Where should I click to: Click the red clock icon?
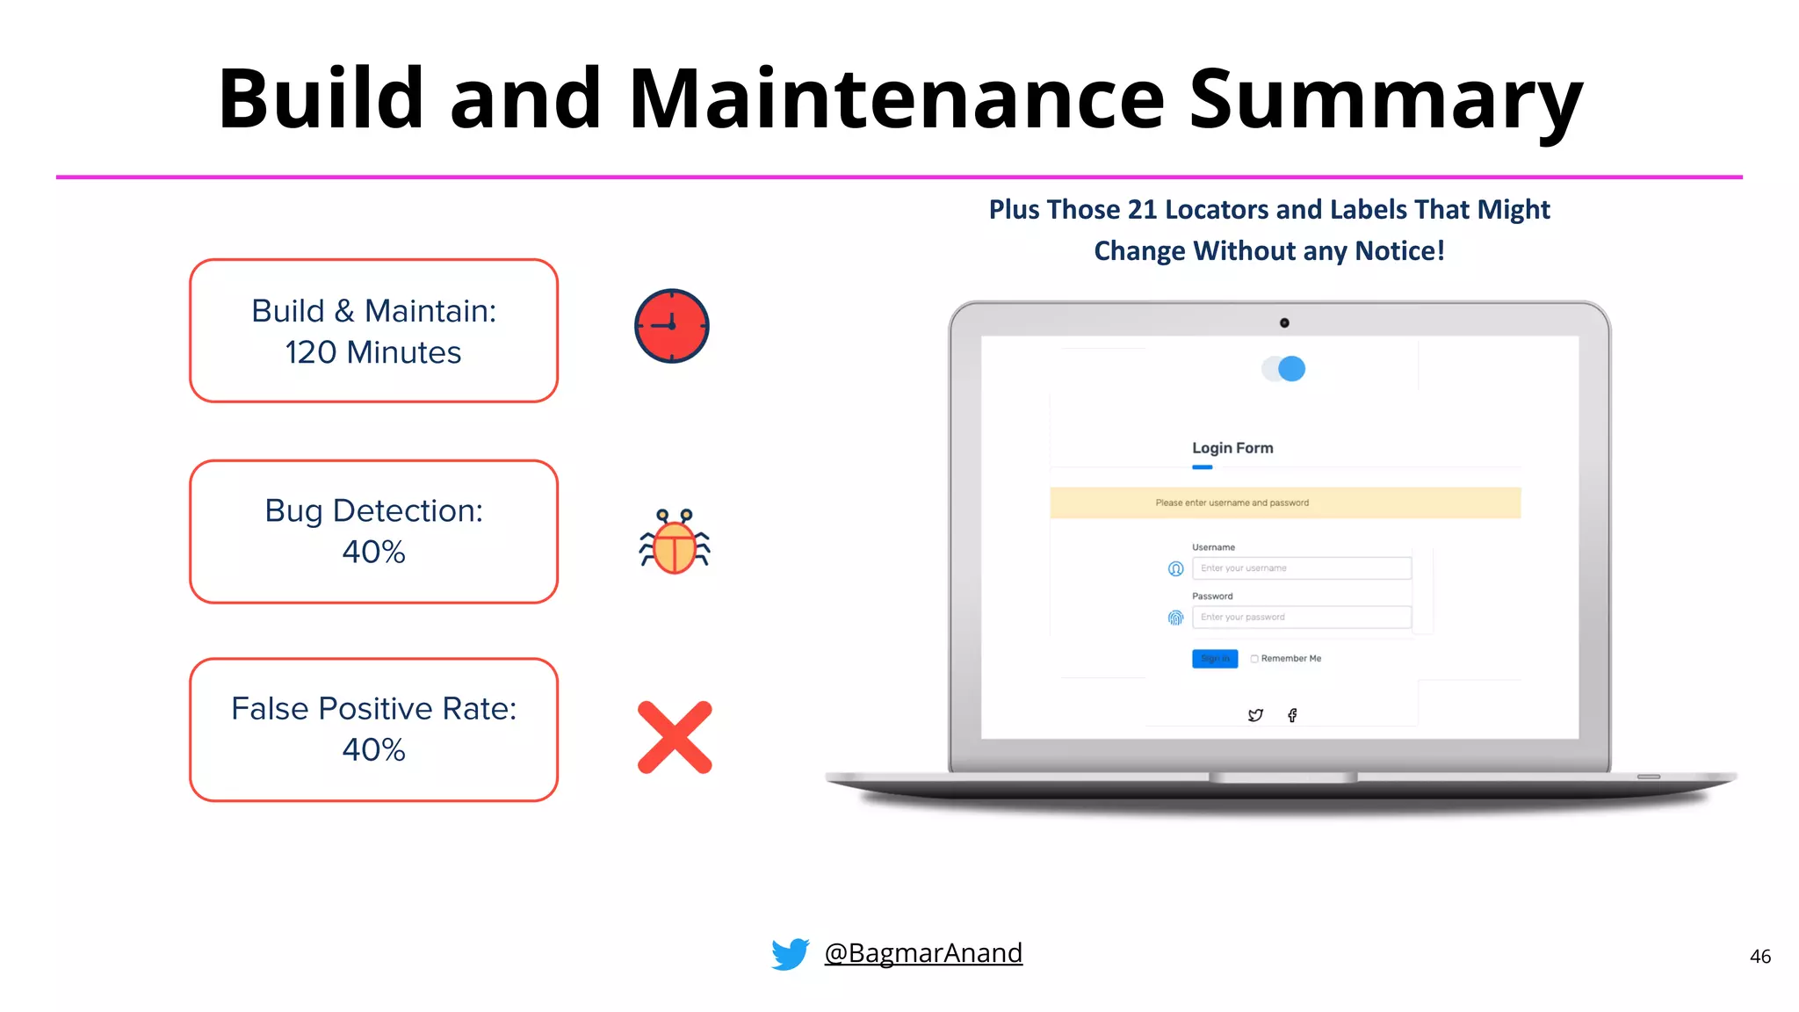(x=671, y=326)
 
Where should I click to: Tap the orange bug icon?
(x=675, y=543)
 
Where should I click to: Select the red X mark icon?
(x=675, y=737)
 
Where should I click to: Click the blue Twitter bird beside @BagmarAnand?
(x=790, y=953)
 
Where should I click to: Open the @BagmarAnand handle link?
(x=923, y=953)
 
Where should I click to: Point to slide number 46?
(x=1759, y=957)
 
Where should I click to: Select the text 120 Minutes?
(x=373, y=352)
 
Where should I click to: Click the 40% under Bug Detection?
(x=373, y=552)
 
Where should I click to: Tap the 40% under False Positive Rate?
(x=373, y=749)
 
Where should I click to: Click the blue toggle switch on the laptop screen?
(x=1284, y=369)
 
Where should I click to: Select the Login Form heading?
(x=1232, y=448)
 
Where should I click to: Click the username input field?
(x=1301, y=568)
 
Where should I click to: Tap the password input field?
(x=1301, y=618)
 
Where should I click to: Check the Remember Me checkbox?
(x=1254, y=659)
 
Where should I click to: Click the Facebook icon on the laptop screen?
(x=1292, y=715)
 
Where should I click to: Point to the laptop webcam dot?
(x=1284, y=323)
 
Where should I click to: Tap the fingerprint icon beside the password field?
(x=1175, y=618)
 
